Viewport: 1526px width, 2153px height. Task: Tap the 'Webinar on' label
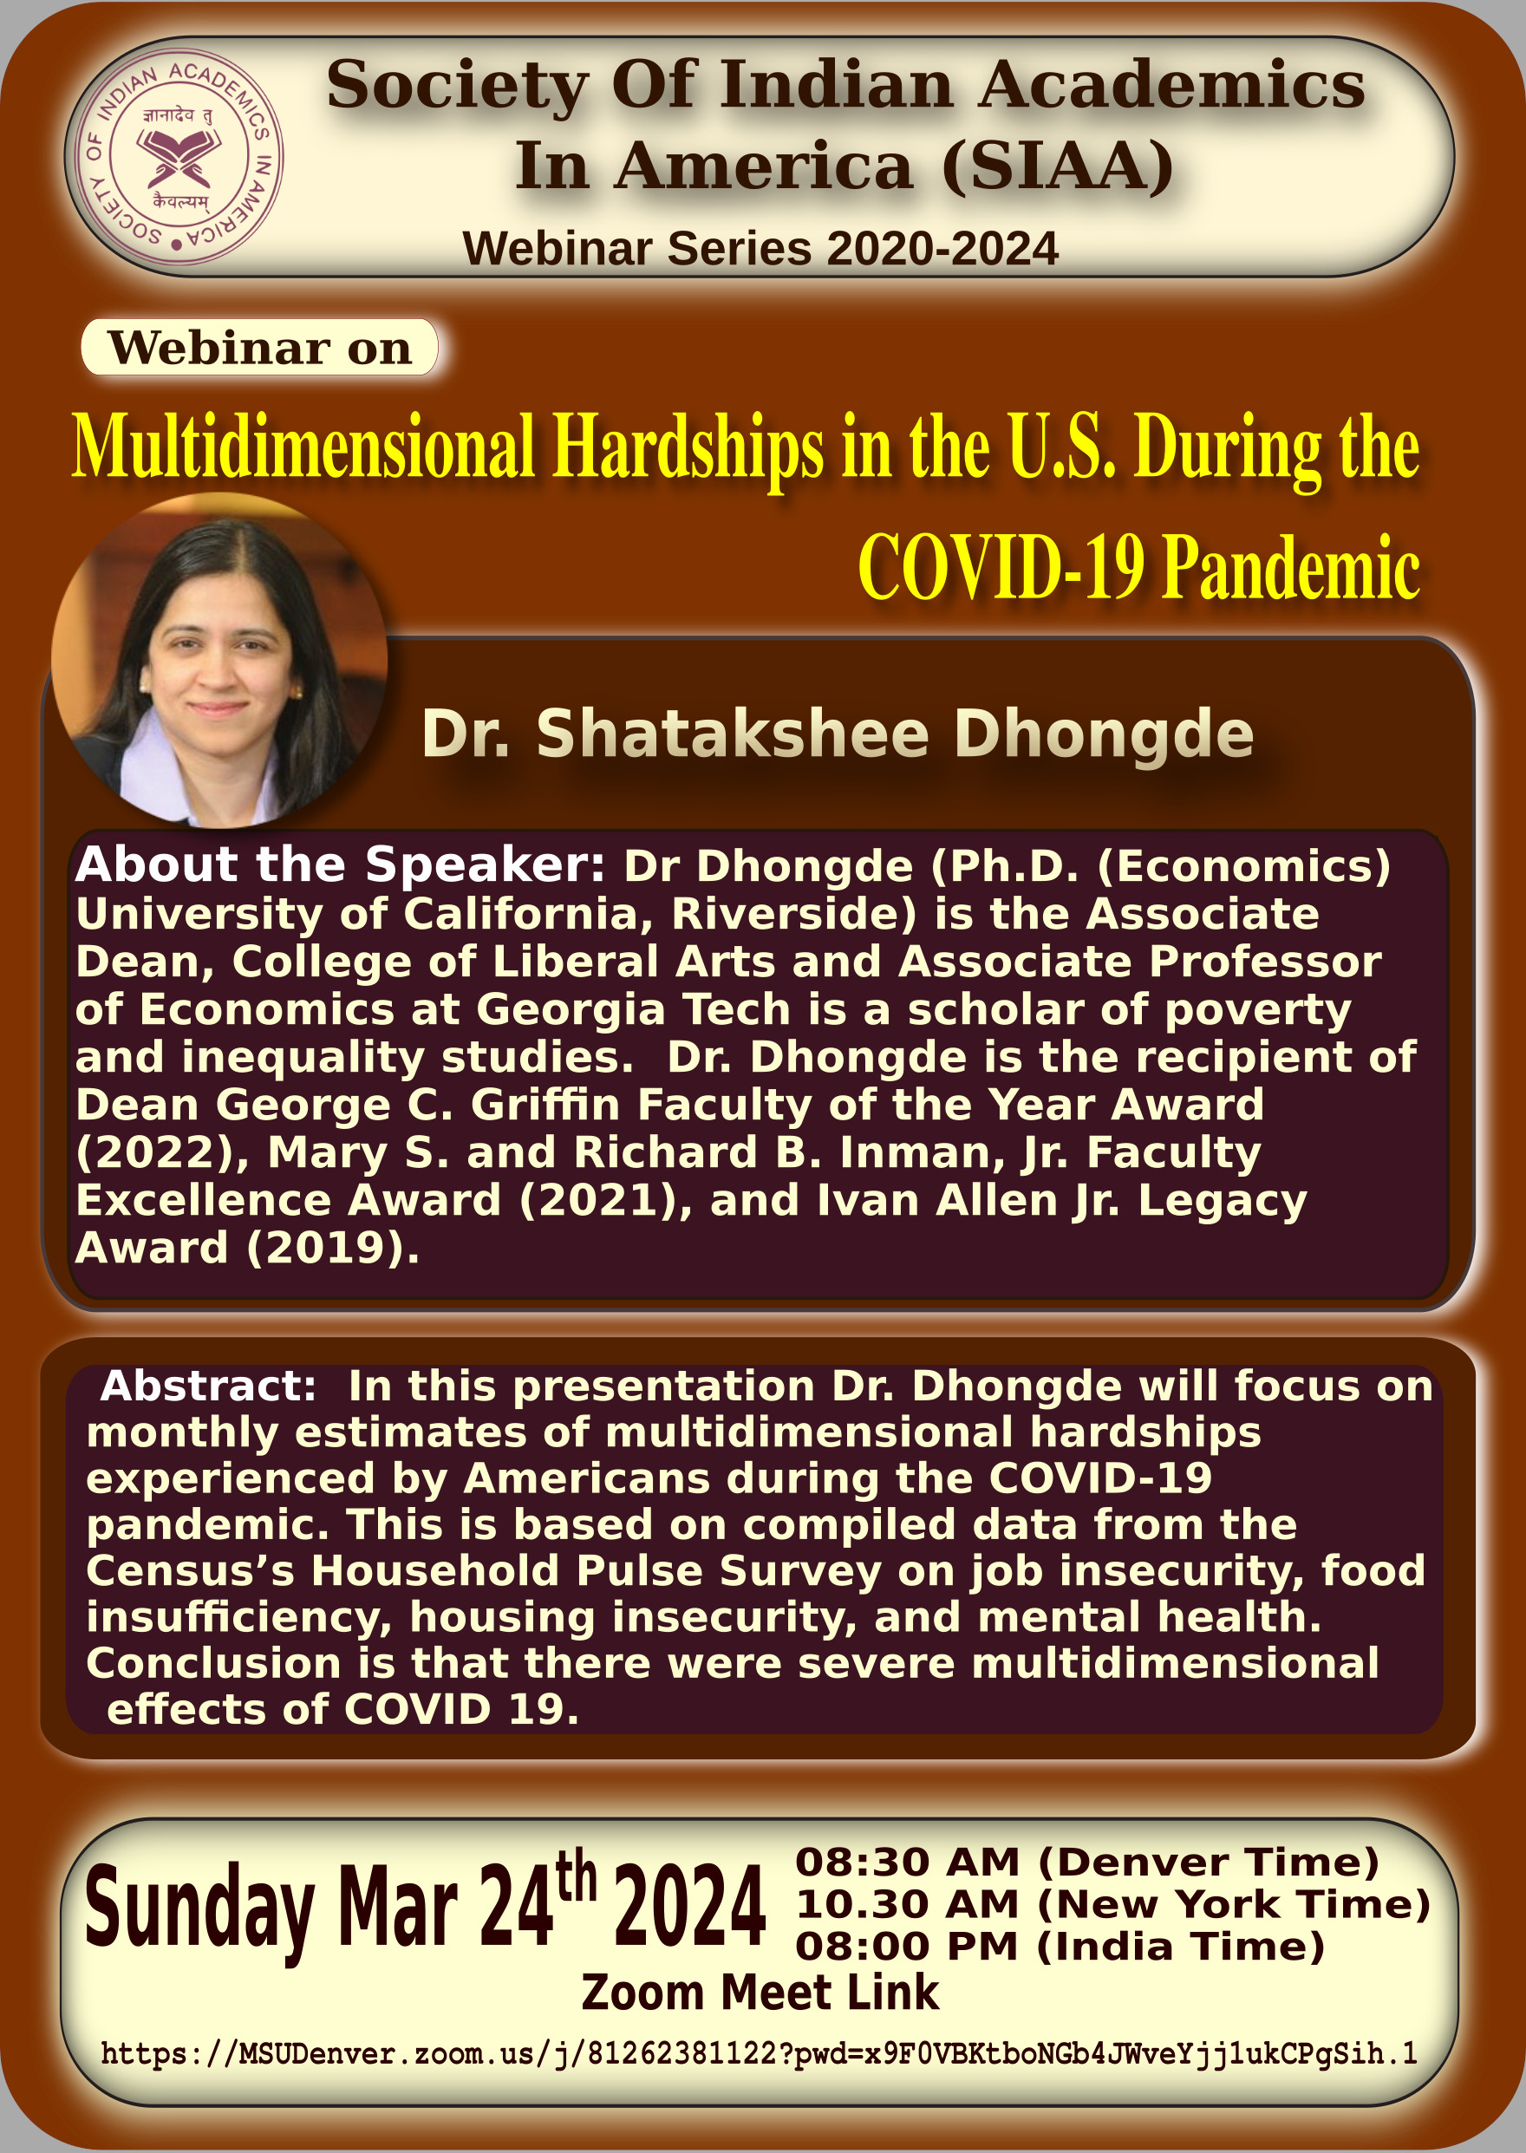[x=259, y=348]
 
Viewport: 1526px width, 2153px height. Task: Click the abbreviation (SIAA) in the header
[x=1058, y=166]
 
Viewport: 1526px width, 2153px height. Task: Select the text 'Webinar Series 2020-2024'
[x=760, y=249]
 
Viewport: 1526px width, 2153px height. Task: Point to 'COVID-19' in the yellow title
[x=1001, y=567]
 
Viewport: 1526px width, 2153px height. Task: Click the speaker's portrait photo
[x=219, y=661]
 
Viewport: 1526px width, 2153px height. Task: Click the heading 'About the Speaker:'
[x=340, y=864]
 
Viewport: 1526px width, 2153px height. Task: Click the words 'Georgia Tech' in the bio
[x=633, y=1010]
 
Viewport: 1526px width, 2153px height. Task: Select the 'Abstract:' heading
[x=208, y=1386]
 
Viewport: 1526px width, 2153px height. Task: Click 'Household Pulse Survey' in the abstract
[x=597, y=1571]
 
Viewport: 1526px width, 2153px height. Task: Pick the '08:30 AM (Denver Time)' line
[x=1087, y=1863]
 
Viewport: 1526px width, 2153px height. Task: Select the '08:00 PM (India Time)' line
[x=1060, y=1947]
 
